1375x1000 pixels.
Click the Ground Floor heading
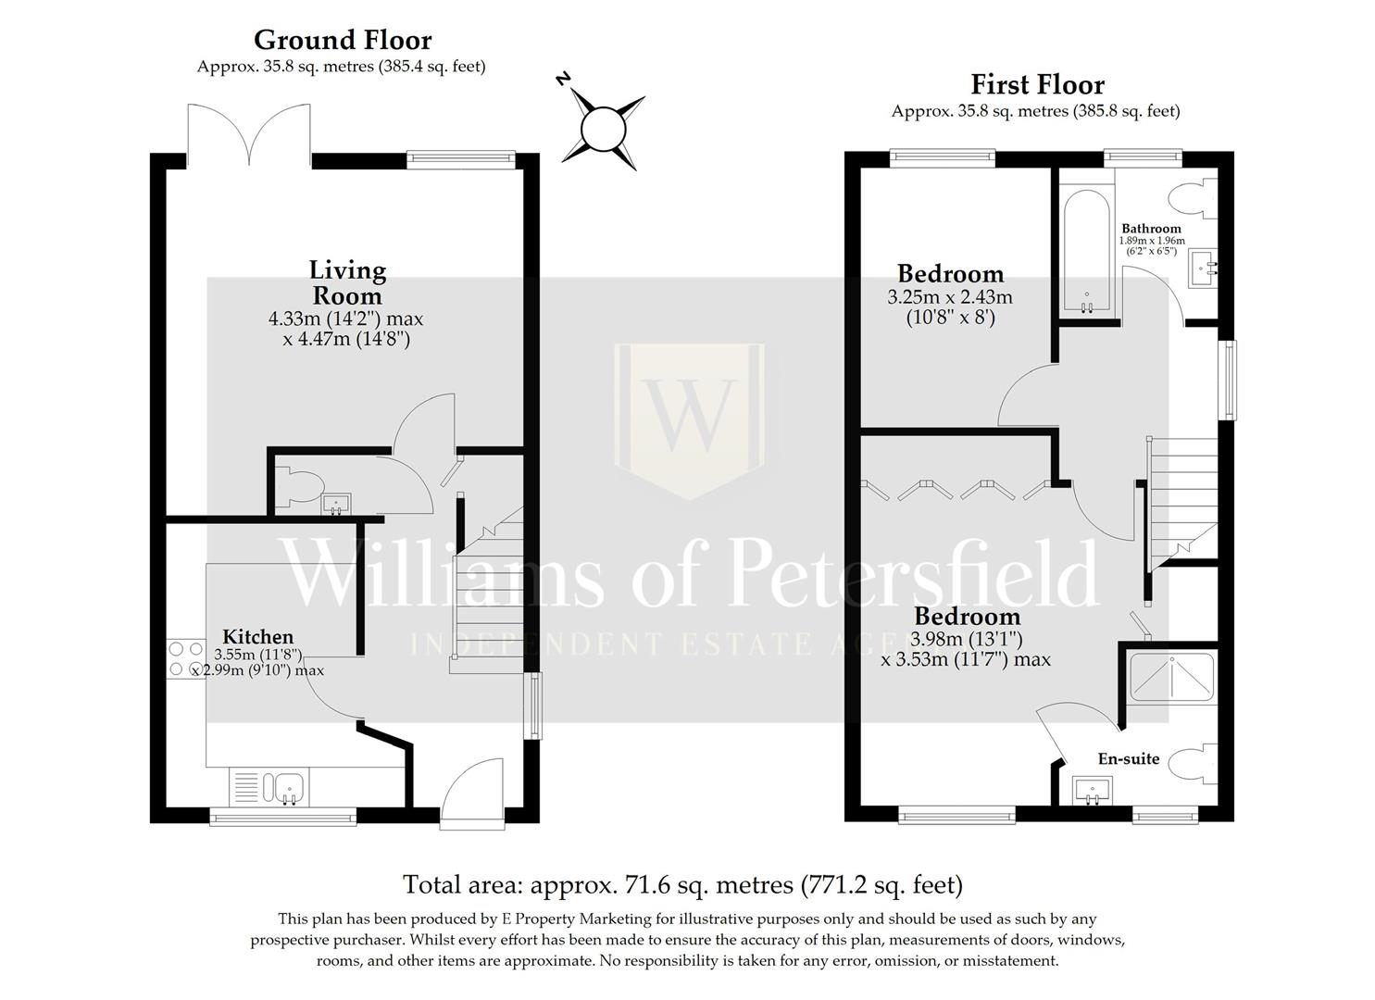pos(343,41)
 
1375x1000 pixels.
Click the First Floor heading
pos(1037,84)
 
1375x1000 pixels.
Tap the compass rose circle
pos(603,130)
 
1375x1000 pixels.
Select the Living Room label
pos(347,283)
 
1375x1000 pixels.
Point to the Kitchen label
pos(257,636)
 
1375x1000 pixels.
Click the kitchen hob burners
pos(186,658)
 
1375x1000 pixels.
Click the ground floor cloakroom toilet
pos(299,487)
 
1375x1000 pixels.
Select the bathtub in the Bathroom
pos(1086,253)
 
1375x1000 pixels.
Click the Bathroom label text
pos(1151,229)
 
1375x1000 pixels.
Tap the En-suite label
pos(1128,758)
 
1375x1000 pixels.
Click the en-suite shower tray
pos(1172,677)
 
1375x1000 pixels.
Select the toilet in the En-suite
pos(1192,764)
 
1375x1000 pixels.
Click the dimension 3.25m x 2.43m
pos(950,298)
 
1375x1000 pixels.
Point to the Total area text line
pos(682,884)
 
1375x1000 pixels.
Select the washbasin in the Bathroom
pos(1204,269)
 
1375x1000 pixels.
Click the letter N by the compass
pos(562,80)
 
